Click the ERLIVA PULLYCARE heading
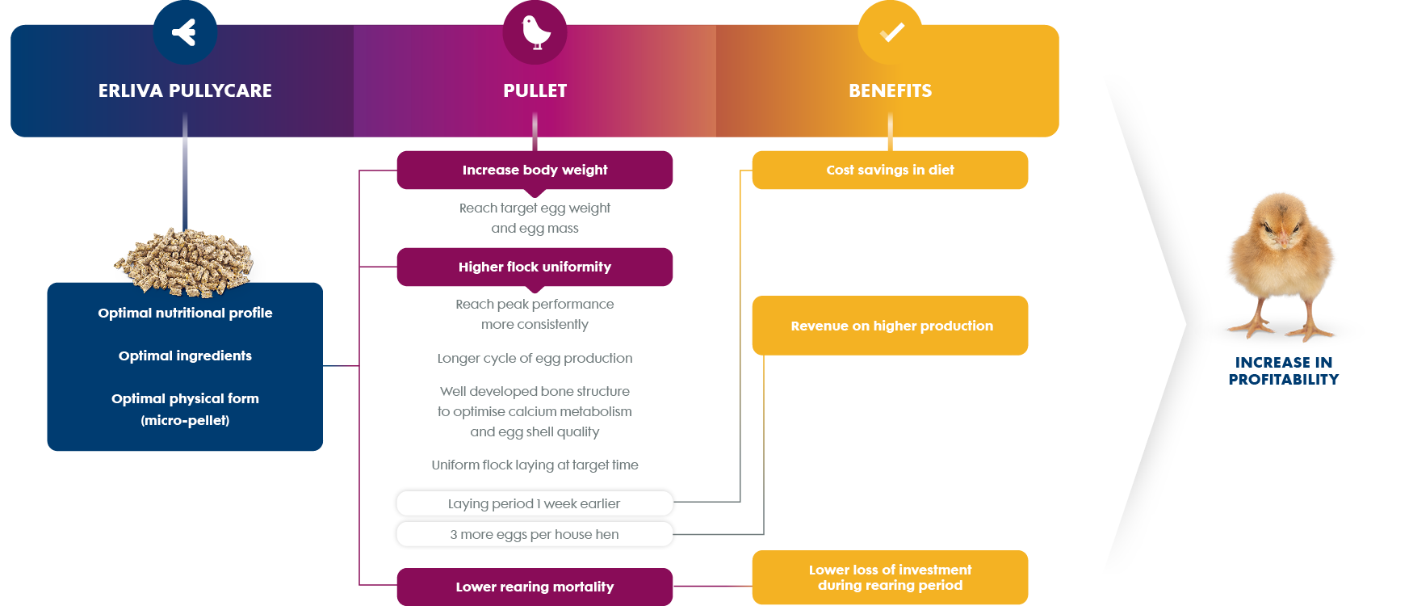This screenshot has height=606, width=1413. click(185, 90)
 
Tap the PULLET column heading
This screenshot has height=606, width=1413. click(535, 90)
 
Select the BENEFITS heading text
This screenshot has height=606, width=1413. click(890, 90)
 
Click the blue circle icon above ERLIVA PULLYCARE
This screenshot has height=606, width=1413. click(185, 32)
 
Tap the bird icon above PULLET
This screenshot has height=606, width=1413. click(535, 32)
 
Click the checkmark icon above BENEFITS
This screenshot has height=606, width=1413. click(891, 32)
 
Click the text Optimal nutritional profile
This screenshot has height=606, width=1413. click(185, 313)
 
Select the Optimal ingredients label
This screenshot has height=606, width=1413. click(185, 356)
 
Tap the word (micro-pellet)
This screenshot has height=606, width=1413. click(185, 420)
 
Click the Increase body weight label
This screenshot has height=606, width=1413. click(535, 170)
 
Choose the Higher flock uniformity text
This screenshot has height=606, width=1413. click(535, 267)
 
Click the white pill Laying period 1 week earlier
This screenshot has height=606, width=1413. click(535, 503)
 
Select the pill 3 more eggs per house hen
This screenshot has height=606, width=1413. click(535, 534)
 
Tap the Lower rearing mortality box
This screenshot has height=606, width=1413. click(535, 587)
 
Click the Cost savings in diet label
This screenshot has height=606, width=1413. click(890, 170)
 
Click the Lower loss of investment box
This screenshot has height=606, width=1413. click(890, 577)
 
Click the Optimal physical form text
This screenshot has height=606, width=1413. click(185, 398)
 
